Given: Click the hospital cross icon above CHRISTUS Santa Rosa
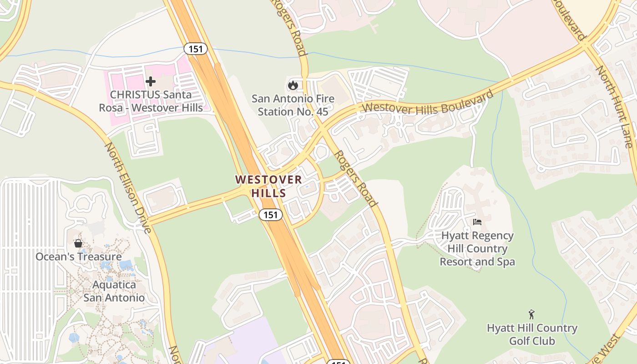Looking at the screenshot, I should (151, 81).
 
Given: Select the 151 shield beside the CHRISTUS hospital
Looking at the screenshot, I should (196, 49).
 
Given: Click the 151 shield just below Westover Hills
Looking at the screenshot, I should (271, 214).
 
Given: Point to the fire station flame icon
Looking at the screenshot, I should (293, 85).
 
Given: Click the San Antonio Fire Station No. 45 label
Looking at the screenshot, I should (293, 105).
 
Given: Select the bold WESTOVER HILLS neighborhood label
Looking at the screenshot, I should (268, 186).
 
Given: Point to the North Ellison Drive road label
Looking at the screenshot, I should (128, 187).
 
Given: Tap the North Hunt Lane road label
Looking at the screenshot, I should (615, 107).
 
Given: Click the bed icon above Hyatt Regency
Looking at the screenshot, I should (477, 222).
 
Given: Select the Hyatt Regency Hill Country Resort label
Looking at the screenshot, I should (477, 248).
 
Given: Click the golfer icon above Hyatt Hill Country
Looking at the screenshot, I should (531, 314).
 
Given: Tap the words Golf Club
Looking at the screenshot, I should (532, 341).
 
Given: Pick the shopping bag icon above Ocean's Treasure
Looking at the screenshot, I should (78, 243).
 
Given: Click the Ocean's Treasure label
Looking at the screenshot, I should (79, 257).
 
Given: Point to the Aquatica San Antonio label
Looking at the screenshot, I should (114, 292).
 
